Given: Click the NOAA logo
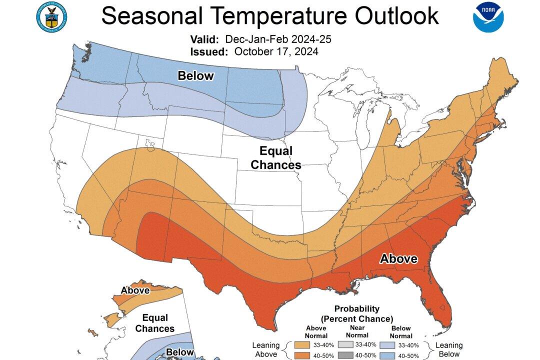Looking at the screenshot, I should tap(488, 17).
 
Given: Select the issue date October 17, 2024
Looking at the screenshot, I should tap(275, 51).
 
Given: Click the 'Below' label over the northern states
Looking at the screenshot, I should tap(196, 76).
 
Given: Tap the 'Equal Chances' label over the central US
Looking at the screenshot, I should tap(275, 157).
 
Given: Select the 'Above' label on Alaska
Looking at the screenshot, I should tap(135, 290).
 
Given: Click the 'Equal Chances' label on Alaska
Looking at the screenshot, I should tap(155, 323).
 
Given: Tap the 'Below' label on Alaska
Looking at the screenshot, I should tap(179, 352).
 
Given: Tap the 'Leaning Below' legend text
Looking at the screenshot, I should tap(448, 349).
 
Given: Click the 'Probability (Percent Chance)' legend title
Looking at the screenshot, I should tap(356, 313).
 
